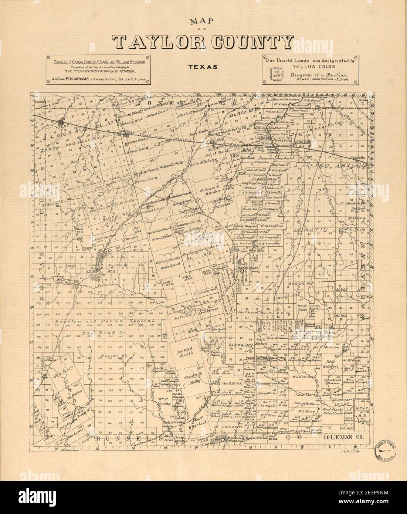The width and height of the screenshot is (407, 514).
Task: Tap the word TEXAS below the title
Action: click(203, 68)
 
